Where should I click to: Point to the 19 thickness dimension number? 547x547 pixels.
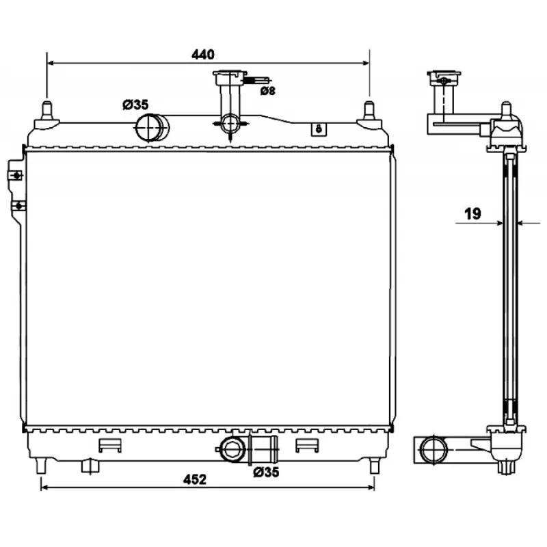pyautogui.click(x=472, y=213)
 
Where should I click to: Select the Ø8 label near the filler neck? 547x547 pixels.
pyautogui.click(x=267, y=90)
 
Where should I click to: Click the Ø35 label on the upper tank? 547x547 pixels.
pyautogui.click(x=135, y=105)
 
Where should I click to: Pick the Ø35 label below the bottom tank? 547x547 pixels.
pyautogui.click(x=265, y=472)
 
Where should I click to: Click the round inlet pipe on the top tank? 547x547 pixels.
pyautogui.click(x=152, y=126)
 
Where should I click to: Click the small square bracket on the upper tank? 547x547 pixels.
pyautogui.click(x=317, y=129)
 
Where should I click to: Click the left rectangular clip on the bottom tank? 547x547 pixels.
pyautogui.click(x=109, y=445)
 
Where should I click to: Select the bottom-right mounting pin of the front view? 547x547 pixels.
pyautogui.click(x=374, y=466)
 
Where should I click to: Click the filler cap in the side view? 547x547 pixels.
pyautogui.click(x=443, y=76)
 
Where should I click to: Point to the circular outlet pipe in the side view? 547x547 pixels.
pyautogui.click(x=432, y=449)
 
